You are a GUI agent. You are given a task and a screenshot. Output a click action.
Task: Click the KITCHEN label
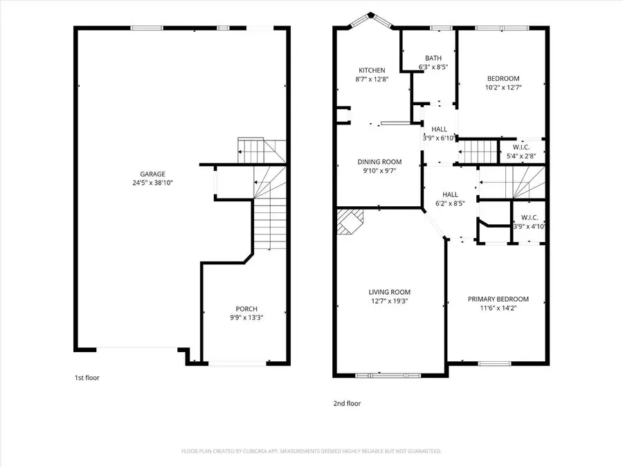(x=372, y=71)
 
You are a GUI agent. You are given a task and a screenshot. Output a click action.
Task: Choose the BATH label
(x=433, y=59)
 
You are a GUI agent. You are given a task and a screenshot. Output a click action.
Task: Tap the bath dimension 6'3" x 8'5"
(x=433, y=68)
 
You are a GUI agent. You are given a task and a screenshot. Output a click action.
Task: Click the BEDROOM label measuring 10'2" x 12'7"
(x=503, y=79)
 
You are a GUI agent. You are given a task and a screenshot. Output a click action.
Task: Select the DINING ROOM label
(x=379, y=162)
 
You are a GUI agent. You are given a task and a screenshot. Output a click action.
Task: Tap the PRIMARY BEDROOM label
(x=498, y=299)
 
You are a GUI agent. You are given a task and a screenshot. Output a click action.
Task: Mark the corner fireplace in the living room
(x=349, y=223)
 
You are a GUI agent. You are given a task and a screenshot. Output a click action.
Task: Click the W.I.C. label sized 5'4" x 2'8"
(x=521, y=147)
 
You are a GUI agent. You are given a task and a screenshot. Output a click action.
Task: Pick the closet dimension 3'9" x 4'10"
(x=529, y=226)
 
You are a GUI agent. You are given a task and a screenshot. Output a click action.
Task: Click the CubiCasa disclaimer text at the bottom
(x=311, y=451)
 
